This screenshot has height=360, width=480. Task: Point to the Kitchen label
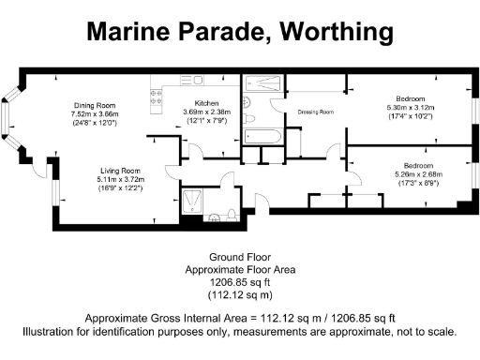[x=206, y=103]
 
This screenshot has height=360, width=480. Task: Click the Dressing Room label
[x=316, y=112]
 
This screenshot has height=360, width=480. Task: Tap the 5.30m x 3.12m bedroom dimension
[x=410, y=107]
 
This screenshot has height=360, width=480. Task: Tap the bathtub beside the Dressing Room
[x=263, y=137]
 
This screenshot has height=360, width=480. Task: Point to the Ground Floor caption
[x=239, y=257]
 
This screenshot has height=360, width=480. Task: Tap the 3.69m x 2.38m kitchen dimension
[x=206, y=112]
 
